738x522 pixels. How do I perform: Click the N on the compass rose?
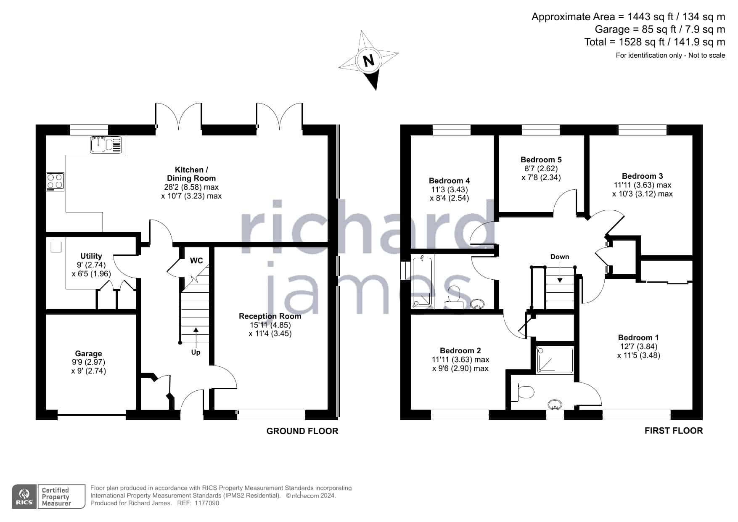pos(369,61)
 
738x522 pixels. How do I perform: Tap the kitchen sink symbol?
pos(106,145)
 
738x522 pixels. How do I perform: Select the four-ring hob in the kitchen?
pos(55,182)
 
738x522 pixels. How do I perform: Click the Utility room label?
pos(91,256)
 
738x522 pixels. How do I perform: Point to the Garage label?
pos(88,354)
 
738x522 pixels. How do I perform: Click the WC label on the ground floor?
pos(196,261)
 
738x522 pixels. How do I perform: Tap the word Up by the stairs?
pos(196,352)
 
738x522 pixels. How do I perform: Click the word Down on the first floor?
pos(560,257)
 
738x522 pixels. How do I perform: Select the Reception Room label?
pos(270,316)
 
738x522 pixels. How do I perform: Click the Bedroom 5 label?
pos(541,159)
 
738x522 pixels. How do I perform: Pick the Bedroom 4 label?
pos(449,180)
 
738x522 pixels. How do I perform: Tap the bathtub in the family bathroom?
pos(422,282)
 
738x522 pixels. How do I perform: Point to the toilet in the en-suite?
pos(522,392)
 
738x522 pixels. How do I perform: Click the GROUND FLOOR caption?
pos(302,431)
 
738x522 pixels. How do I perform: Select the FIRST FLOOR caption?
pos(674,431)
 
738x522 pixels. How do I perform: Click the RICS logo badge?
pos(24,497)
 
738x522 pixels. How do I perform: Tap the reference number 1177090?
pos(206,503)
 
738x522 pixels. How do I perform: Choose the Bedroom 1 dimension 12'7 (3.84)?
pos(638,347)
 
